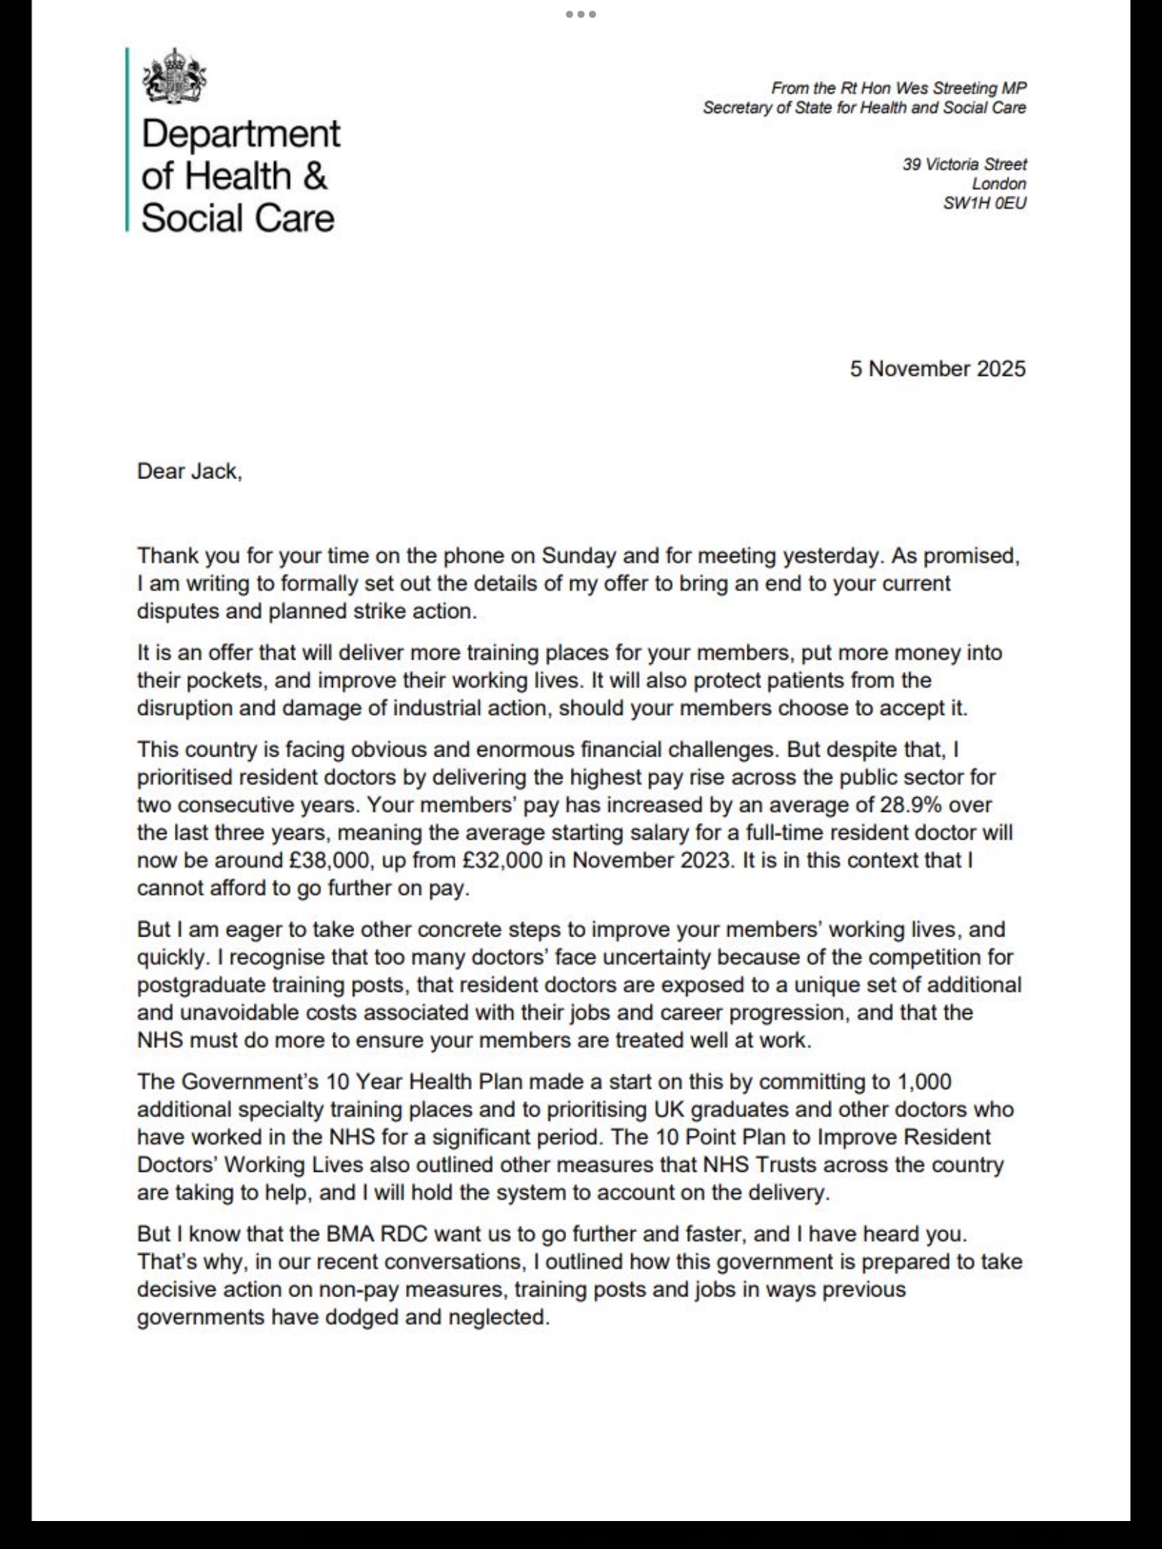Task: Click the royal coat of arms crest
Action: pos(174,76)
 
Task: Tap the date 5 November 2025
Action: pos(937,369)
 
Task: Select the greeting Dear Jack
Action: pos(189,471)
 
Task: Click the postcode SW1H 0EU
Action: pos(984,203)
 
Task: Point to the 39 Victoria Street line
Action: pos(964,164)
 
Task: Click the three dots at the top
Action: pos(580,14)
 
